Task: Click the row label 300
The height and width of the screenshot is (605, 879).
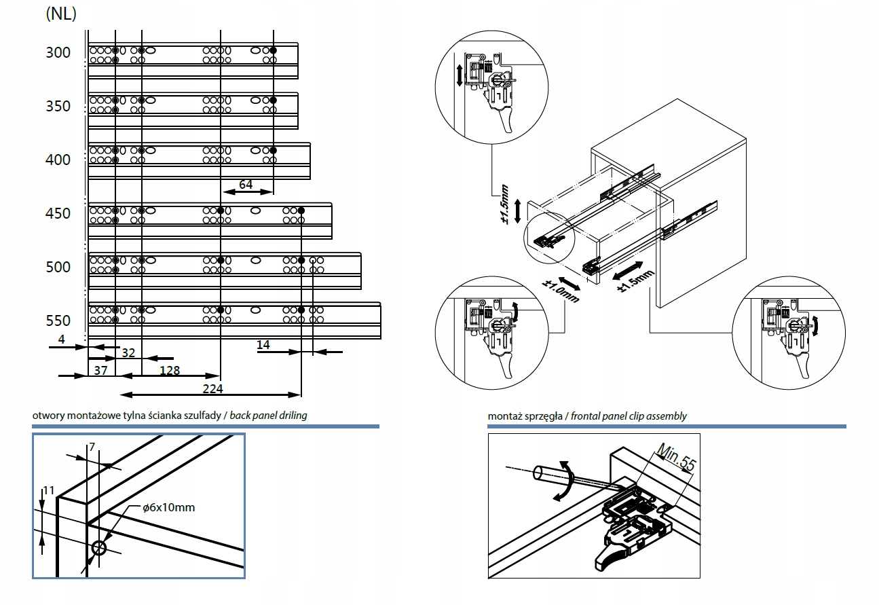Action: pos(58,53)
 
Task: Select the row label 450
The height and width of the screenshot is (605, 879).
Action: pos(58,214)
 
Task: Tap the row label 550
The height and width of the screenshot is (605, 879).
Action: pos(58,321)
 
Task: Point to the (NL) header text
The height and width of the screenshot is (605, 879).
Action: pos(60,14)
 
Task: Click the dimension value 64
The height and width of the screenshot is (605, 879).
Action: pos(246,185)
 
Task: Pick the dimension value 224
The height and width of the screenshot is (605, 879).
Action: pos(212,389)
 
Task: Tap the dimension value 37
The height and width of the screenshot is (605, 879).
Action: pos(100,370)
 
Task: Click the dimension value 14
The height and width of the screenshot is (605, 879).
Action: pos(263,345)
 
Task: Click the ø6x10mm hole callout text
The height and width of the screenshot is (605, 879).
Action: pos(169,507)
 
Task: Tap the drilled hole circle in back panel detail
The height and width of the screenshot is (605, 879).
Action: pos(99,548)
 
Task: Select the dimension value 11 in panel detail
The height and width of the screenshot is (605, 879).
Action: pos(48,490)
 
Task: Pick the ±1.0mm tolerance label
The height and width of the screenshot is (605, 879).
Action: pos(561,291)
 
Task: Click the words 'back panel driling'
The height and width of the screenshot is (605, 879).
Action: pos(269,416)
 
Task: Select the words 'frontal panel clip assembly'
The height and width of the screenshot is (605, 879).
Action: pos(629,416)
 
